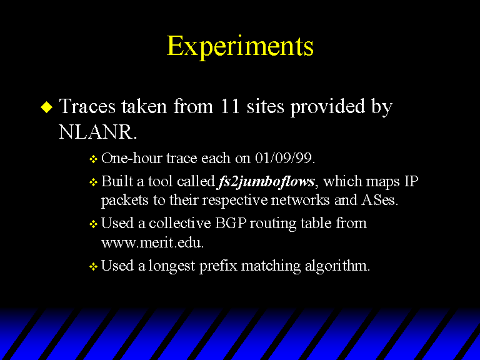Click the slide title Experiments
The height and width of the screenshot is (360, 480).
tap(240, 47)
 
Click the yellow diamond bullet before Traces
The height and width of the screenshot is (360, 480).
tap(46, 107)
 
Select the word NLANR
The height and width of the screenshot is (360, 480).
tap(97, 132)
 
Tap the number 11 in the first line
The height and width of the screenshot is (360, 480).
tap(229, 106)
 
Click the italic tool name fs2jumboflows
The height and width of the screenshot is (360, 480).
tap(266, 181)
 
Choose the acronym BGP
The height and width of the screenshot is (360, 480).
tap(231, 223)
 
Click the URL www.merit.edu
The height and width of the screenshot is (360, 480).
tap(152, 242)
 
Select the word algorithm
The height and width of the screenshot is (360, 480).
tap(337, 266)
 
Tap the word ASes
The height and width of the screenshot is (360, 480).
tap(379, 200)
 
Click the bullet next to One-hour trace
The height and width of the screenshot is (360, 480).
tap(93, 159)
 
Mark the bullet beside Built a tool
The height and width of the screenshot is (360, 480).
tap(93, 182)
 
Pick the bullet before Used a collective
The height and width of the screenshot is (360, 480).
tap(93, 224)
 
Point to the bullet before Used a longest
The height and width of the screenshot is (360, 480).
tap(93, 266)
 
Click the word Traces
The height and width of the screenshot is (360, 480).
tap(87, 106)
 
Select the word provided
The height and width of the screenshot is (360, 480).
tap(327, 107)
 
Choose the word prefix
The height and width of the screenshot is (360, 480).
tap(218, 266)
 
